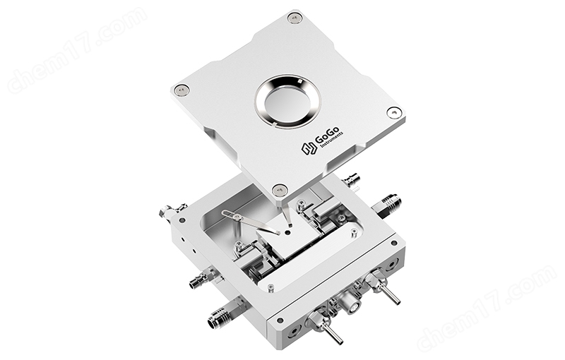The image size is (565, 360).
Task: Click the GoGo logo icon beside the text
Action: point(309,148)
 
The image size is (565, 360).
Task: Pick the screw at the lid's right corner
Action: point(393,112)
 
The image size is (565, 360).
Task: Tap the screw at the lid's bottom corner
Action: point(280,189)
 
